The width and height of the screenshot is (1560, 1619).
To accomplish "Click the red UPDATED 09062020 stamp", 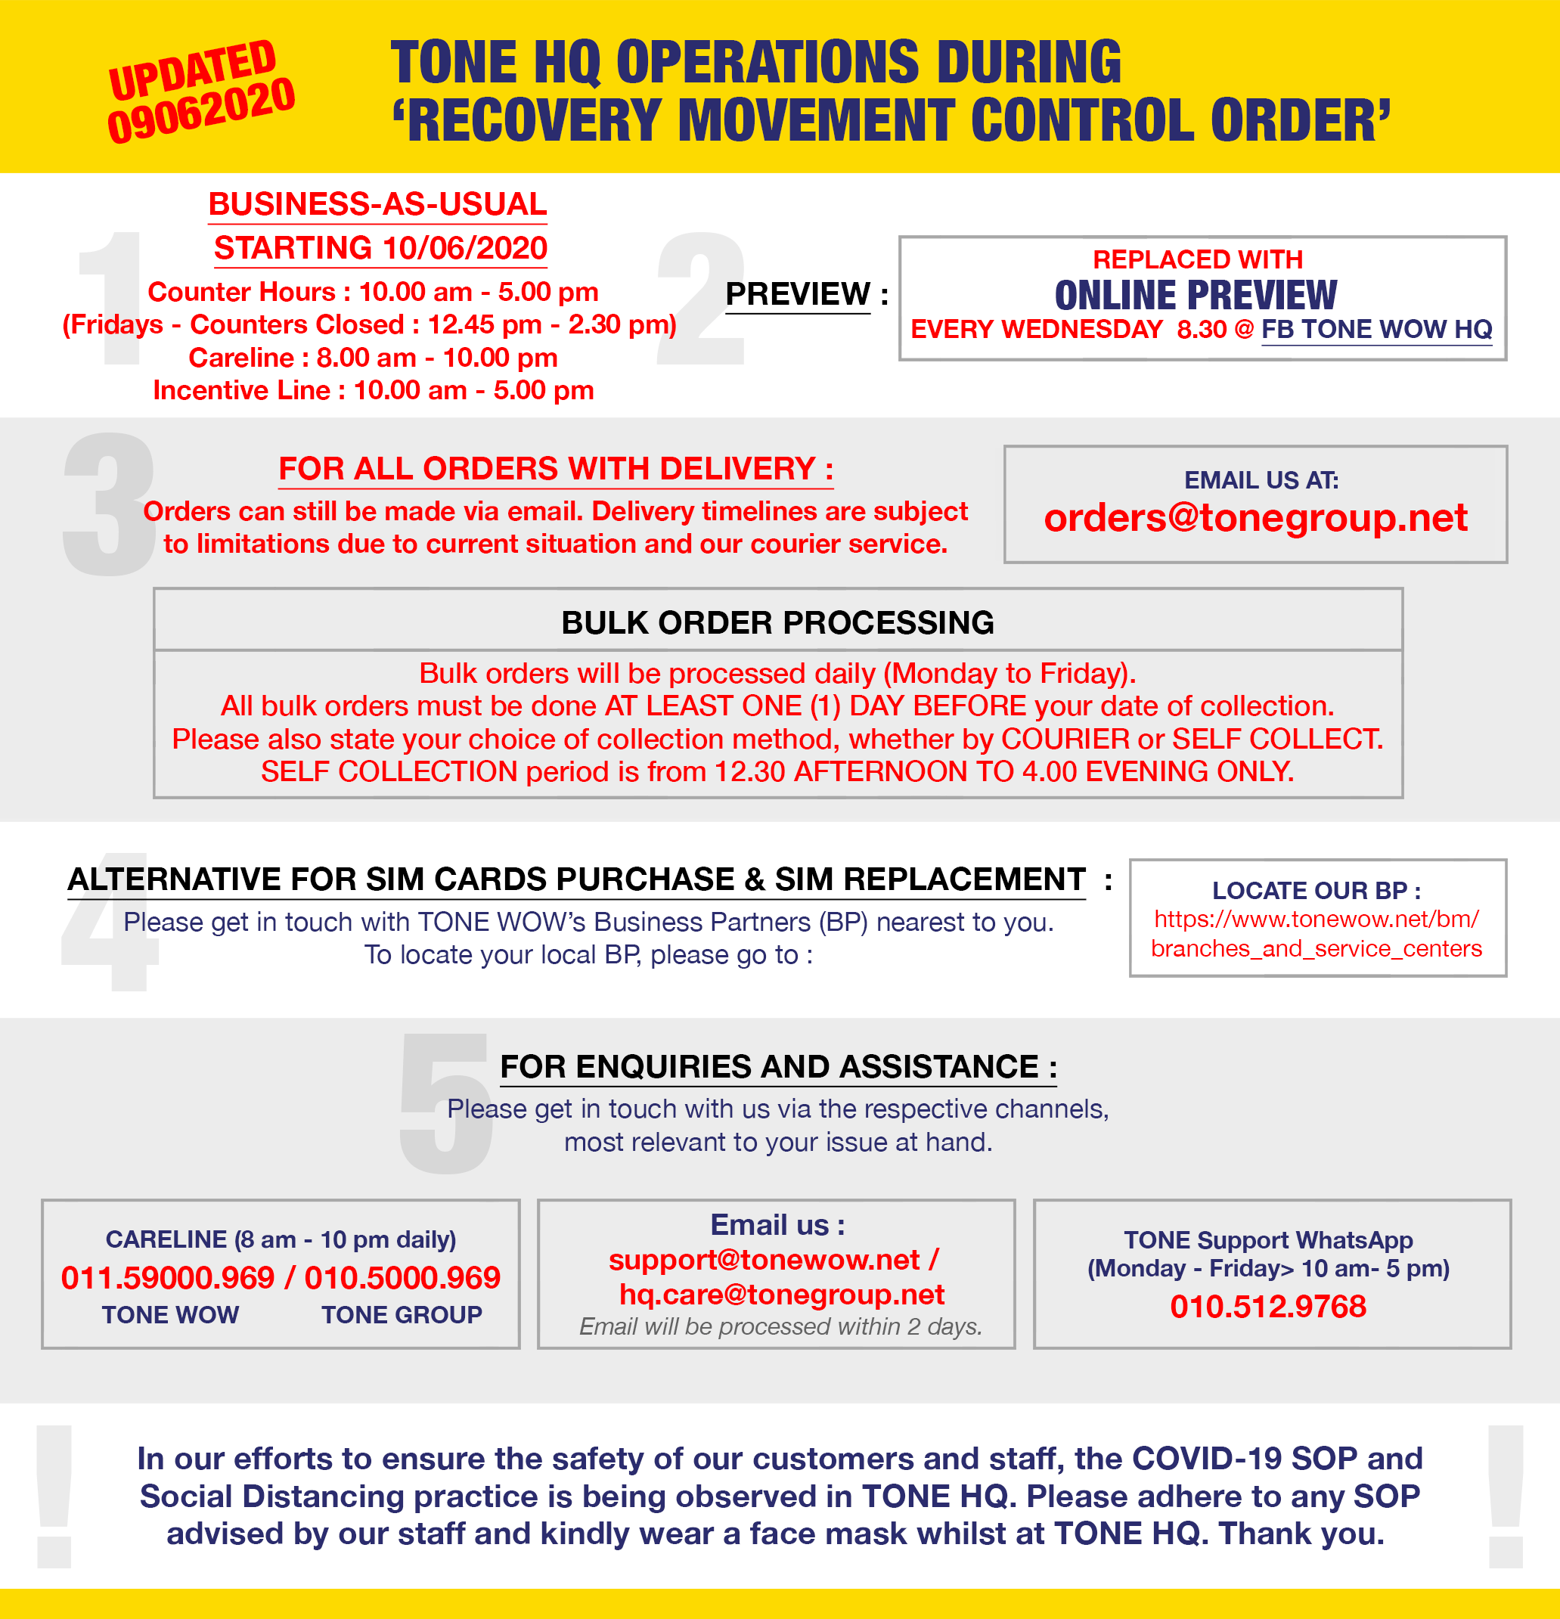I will (200, 91).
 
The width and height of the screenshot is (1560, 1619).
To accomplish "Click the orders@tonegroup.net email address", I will (1255, 519).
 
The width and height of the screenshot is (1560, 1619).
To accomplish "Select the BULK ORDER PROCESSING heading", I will (777, 623).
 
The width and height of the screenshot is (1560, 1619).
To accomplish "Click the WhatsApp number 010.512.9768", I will (1267, 1307).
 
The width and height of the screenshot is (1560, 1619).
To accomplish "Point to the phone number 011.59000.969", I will (168, 1278).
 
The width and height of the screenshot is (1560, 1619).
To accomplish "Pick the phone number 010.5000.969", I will (402, 1278).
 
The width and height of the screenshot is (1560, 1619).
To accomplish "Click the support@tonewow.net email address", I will (764, 1260).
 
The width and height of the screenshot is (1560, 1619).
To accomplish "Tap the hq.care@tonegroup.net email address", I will (781, 1295).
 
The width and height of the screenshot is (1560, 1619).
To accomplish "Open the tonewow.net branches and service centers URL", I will (1317, 933).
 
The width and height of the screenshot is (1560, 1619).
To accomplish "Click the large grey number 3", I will (109, 504).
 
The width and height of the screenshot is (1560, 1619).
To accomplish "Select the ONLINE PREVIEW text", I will (1196, 295).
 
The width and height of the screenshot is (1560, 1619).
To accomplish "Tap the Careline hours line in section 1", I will (373, 358).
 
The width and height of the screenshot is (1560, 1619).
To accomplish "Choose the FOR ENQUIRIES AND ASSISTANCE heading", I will (778, 1066).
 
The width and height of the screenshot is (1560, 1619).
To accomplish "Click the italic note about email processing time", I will (780, 1326).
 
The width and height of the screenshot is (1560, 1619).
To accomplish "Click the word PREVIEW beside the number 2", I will (797, 294).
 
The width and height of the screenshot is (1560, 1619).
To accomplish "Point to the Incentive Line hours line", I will (374, 390).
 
